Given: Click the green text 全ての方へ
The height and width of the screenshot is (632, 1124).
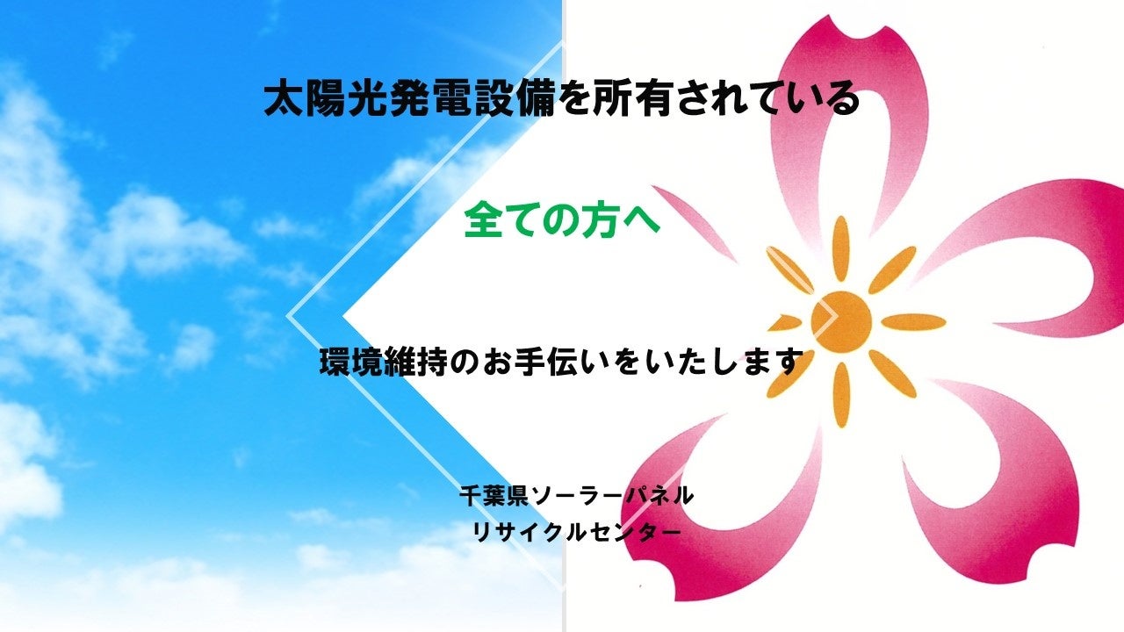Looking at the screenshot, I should coord(561,222).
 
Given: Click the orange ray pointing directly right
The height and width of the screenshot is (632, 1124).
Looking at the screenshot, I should coord(913,321).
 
